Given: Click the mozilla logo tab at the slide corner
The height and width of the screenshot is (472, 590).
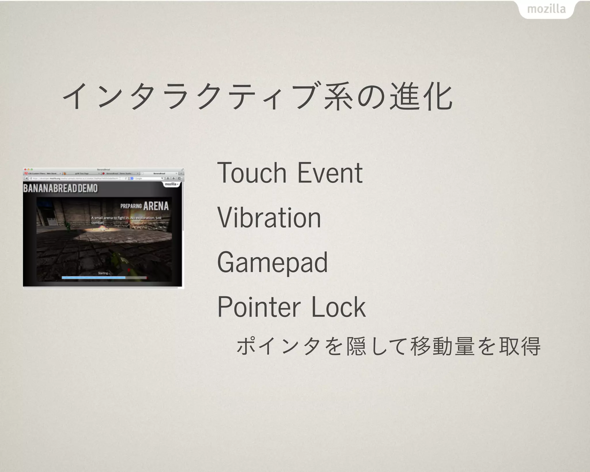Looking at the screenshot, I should (x=546, y=9).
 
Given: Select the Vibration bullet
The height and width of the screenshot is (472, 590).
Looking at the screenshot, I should (x=269, y=218).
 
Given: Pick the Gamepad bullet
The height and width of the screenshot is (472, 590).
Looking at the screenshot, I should (x=272, y=263).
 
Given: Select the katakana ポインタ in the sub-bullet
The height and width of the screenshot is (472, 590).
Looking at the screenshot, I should (x=278, y=346).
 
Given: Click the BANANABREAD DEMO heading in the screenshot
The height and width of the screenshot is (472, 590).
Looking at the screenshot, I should (x=60, y=188).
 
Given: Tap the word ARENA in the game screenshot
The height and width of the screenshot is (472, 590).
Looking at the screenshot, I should (x=156, y=206).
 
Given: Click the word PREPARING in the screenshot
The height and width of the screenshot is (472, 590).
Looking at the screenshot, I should (x=131, y=206).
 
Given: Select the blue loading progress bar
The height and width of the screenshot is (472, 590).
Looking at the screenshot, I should (x=94, y=278).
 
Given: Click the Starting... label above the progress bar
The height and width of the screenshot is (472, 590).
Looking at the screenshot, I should (x=103, y=273).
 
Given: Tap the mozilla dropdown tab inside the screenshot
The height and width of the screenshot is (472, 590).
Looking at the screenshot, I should (x=172, y=184).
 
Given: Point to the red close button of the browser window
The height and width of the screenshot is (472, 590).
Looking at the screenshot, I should (x=25, y=170).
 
